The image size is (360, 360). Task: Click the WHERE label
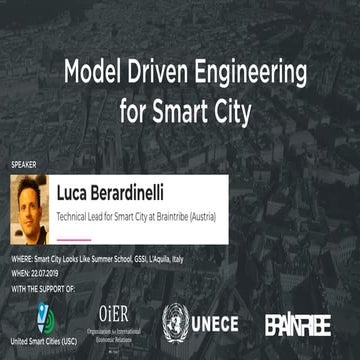tap(22, 258)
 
